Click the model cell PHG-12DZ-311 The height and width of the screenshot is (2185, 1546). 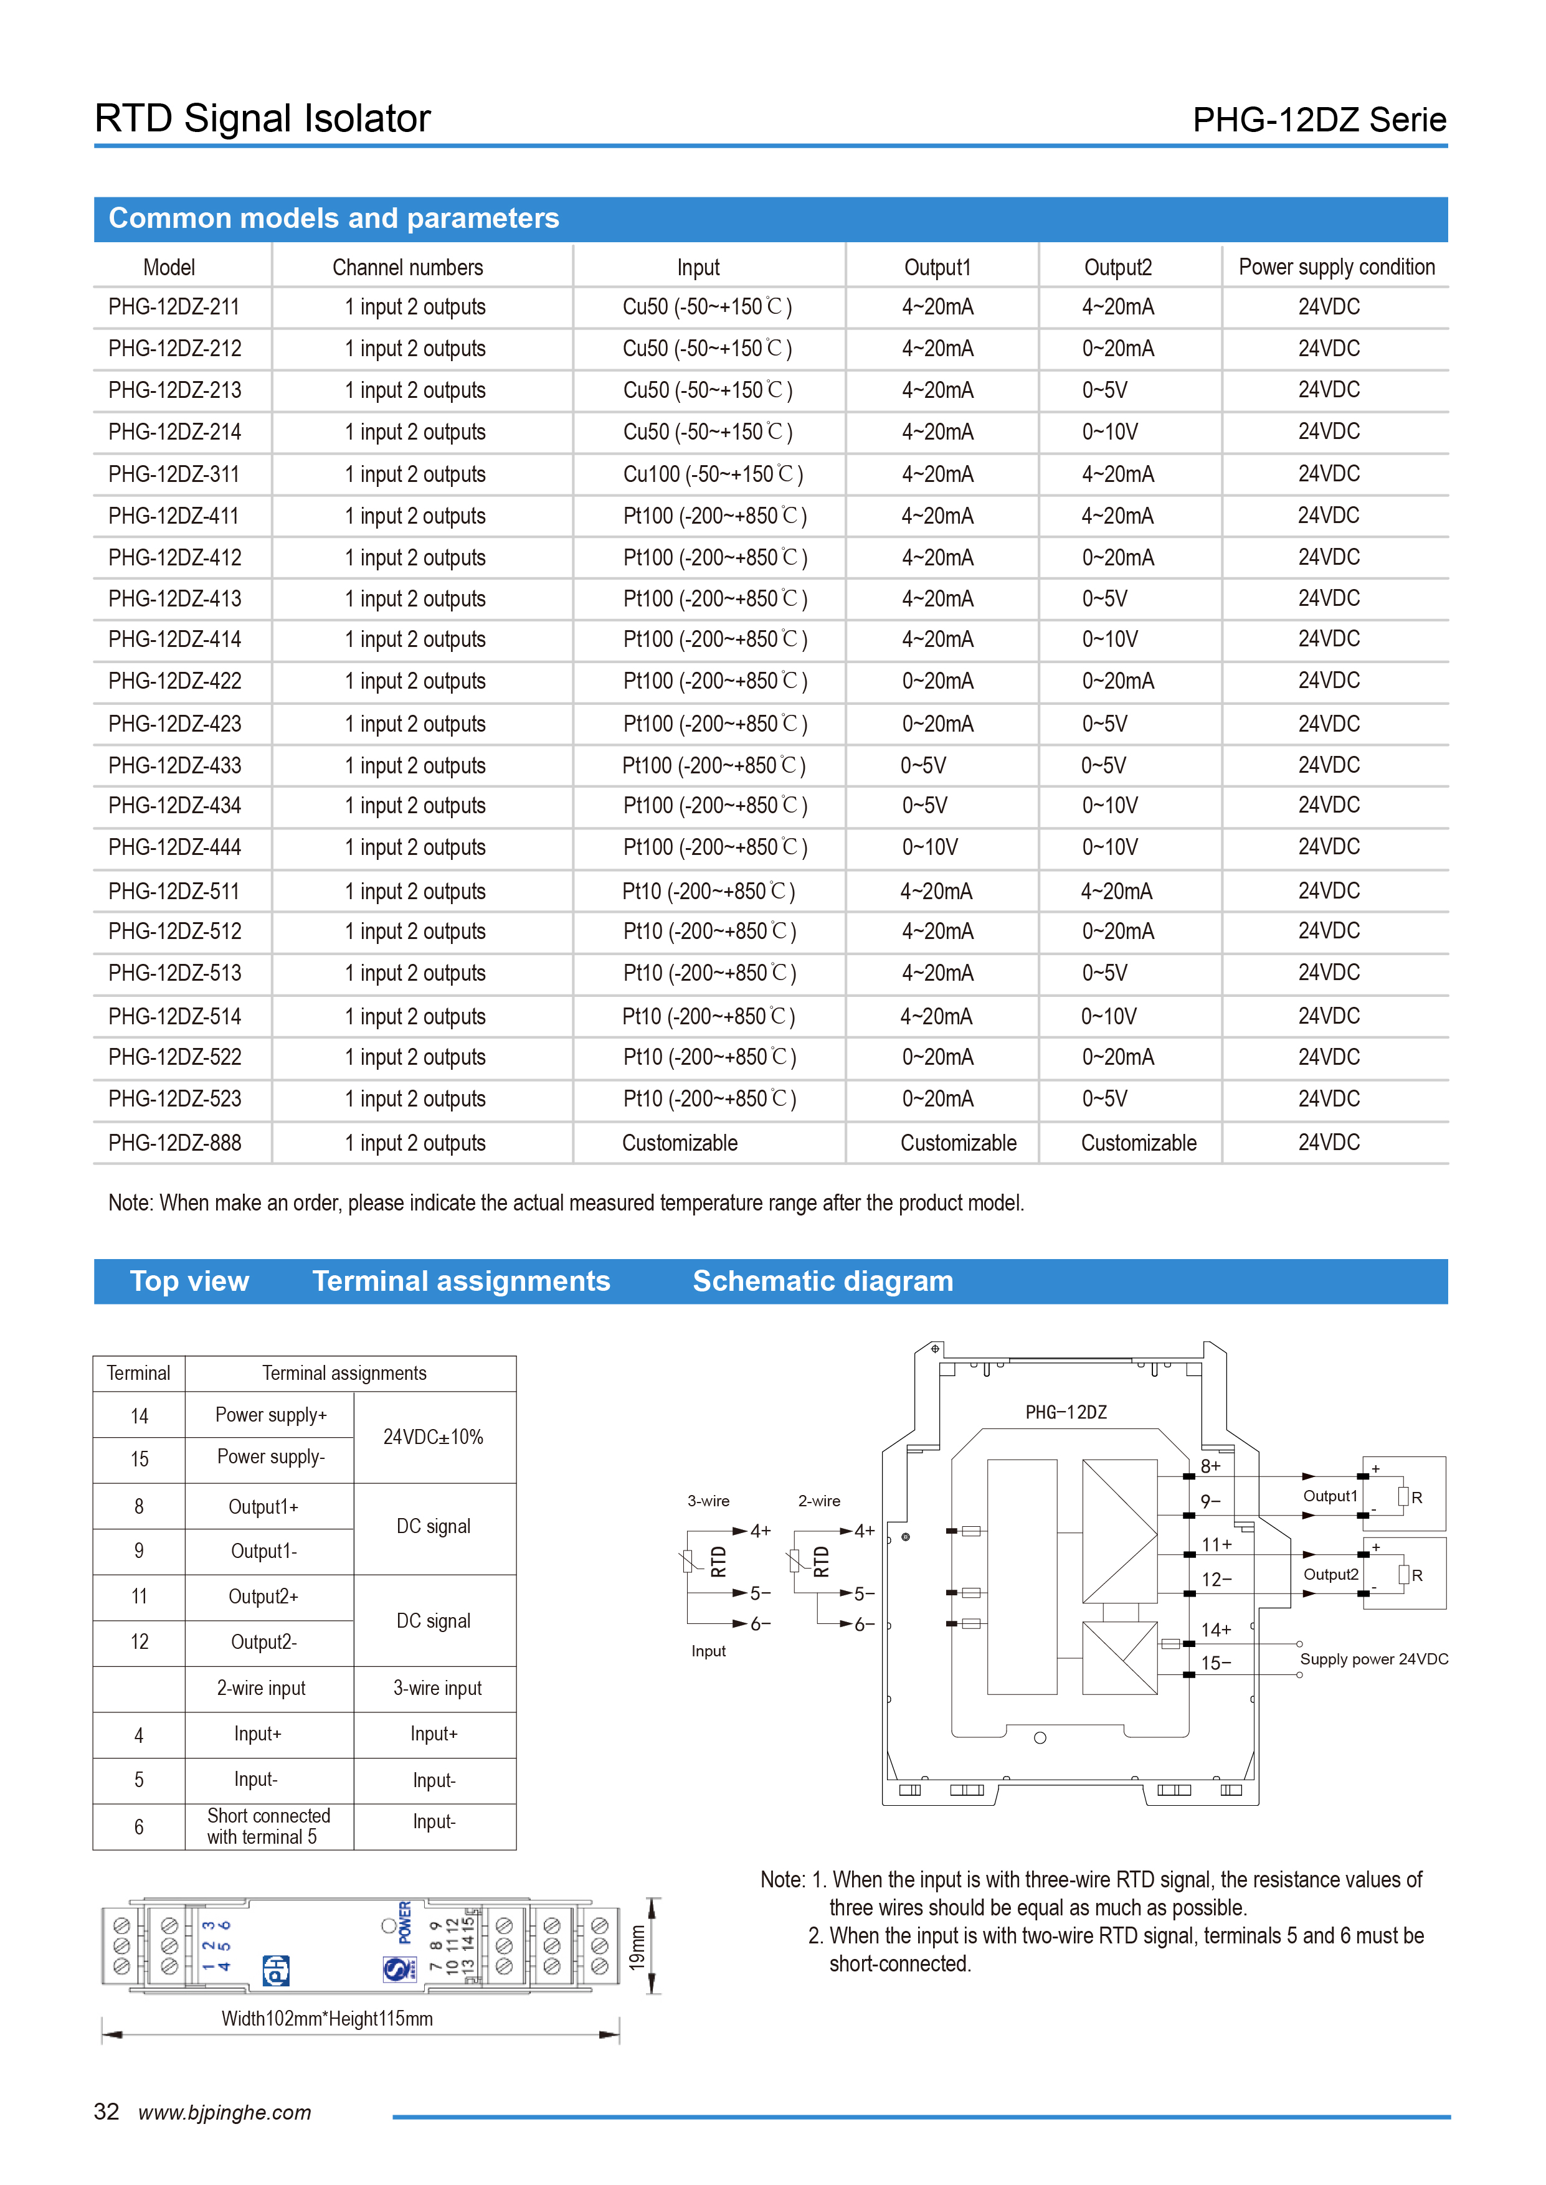tap(174, 474)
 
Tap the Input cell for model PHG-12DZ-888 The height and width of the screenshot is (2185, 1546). tap(680, 1143)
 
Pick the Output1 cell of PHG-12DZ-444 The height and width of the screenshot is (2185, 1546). tap(930, 847)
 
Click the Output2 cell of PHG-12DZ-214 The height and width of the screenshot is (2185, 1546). tap(1110, 432)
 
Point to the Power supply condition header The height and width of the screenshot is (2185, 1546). tap(1337, 267)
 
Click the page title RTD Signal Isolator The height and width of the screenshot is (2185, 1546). tap(263, 119)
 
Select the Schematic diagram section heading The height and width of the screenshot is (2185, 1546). tap(822, 1281)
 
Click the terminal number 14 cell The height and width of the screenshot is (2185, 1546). tap(139, 1416)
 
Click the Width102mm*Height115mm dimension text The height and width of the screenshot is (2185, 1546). tap(326, 2019)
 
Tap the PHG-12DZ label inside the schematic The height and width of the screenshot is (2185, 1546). tap(1065, 1412)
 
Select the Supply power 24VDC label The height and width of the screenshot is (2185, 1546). tap(1373, 1659)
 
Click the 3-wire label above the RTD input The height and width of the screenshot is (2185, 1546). tap(708, 1501)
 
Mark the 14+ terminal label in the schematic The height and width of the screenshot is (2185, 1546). tap(1216, 1630)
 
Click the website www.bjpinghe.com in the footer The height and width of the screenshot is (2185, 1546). tap(225, 2113)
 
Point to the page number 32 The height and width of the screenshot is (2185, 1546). tap(107, 2112)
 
